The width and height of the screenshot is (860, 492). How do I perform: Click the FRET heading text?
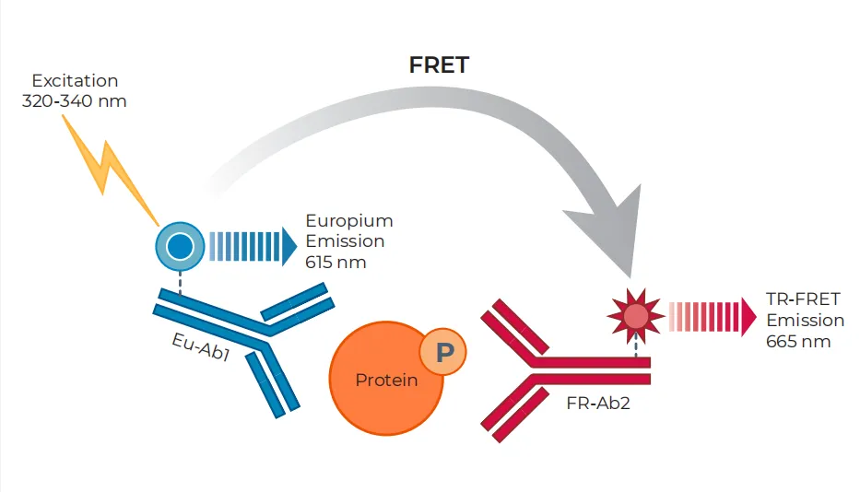point(440,65)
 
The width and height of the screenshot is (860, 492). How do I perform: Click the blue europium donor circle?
point(180,246)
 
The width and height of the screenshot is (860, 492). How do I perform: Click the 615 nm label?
point(336,262)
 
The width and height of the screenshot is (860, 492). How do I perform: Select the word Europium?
point(349,221)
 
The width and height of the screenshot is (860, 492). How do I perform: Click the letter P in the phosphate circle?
point(443,352)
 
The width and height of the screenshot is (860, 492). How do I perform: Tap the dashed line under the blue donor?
point(180,281)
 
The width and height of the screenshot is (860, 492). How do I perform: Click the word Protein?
point(386,380)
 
